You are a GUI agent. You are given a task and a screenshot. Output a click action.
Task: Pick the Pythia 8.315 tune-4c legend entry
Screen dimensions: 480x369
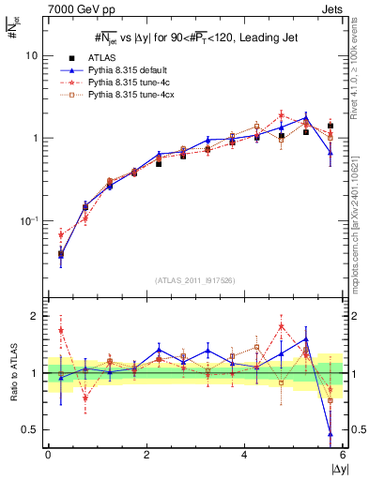122,83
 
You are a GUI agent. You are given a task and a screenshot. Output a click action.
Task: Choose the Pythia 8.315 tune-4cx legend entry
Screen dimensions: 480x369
124,96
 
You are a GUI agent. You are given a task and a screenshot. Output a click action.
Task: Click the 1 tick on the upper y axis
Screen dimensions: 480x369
34,139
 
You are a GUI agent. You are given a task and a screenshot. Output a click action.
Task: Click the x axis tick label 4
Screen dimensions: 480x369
244,455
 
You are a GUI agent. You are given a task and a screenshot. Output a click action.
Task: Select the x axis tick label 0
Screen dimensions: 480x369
48,455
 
